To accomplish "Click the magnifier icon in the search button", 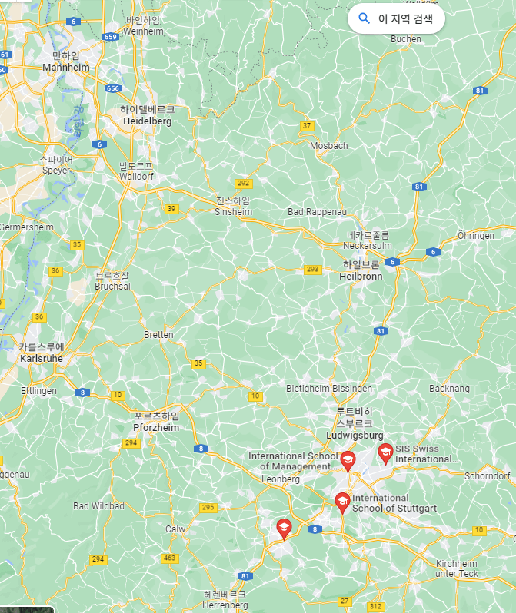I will pyautogui.click(x=365, y=18).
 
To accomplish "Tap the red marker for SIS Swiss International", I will pyautogui.click(x=385, y=453).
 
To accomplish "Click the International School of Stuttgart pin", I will pyautogui.click(x=343, y=502).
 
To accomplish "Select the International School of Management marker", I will pyautogui.click(x=348, y=461).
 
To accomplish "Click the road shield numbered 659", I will pyautogui.click(x=111, y=36).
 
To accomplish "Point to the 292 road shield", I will pyautogui.click(x=244, y=183).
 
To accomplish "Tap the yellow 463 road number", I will pyautogui.click(x=169, y=558).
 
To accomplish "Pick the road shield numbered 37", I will pyautogui.click(x=308, y=125).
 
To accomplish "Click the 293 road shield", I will pyautogui.click(x=312, y=269).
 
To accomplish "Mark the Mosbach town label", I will pyautogui.click(x=328, y=146).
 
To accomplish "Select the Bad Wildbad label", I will pyautogui.click(x=98, y=506).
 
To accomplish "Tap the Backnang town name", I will pyautogui.click(x=449, y=389).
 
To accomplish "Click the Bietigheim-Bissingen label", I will pyautogui.click(x=329, y=389).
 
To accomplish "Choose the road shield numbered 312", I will pyautogui.click(x=375, y=606).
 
